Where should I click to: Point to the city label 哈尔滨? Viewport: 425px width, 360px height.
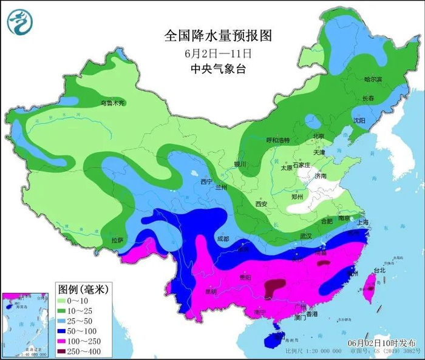373,80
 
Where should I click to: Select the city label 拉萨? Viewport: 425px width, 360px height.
117,240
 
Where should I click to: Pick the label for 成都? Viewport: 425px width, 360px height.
222,239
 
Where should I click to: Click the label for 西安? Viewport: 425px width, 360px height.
261,204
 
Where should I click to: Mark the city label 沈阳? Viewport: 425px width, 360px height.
359,121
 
